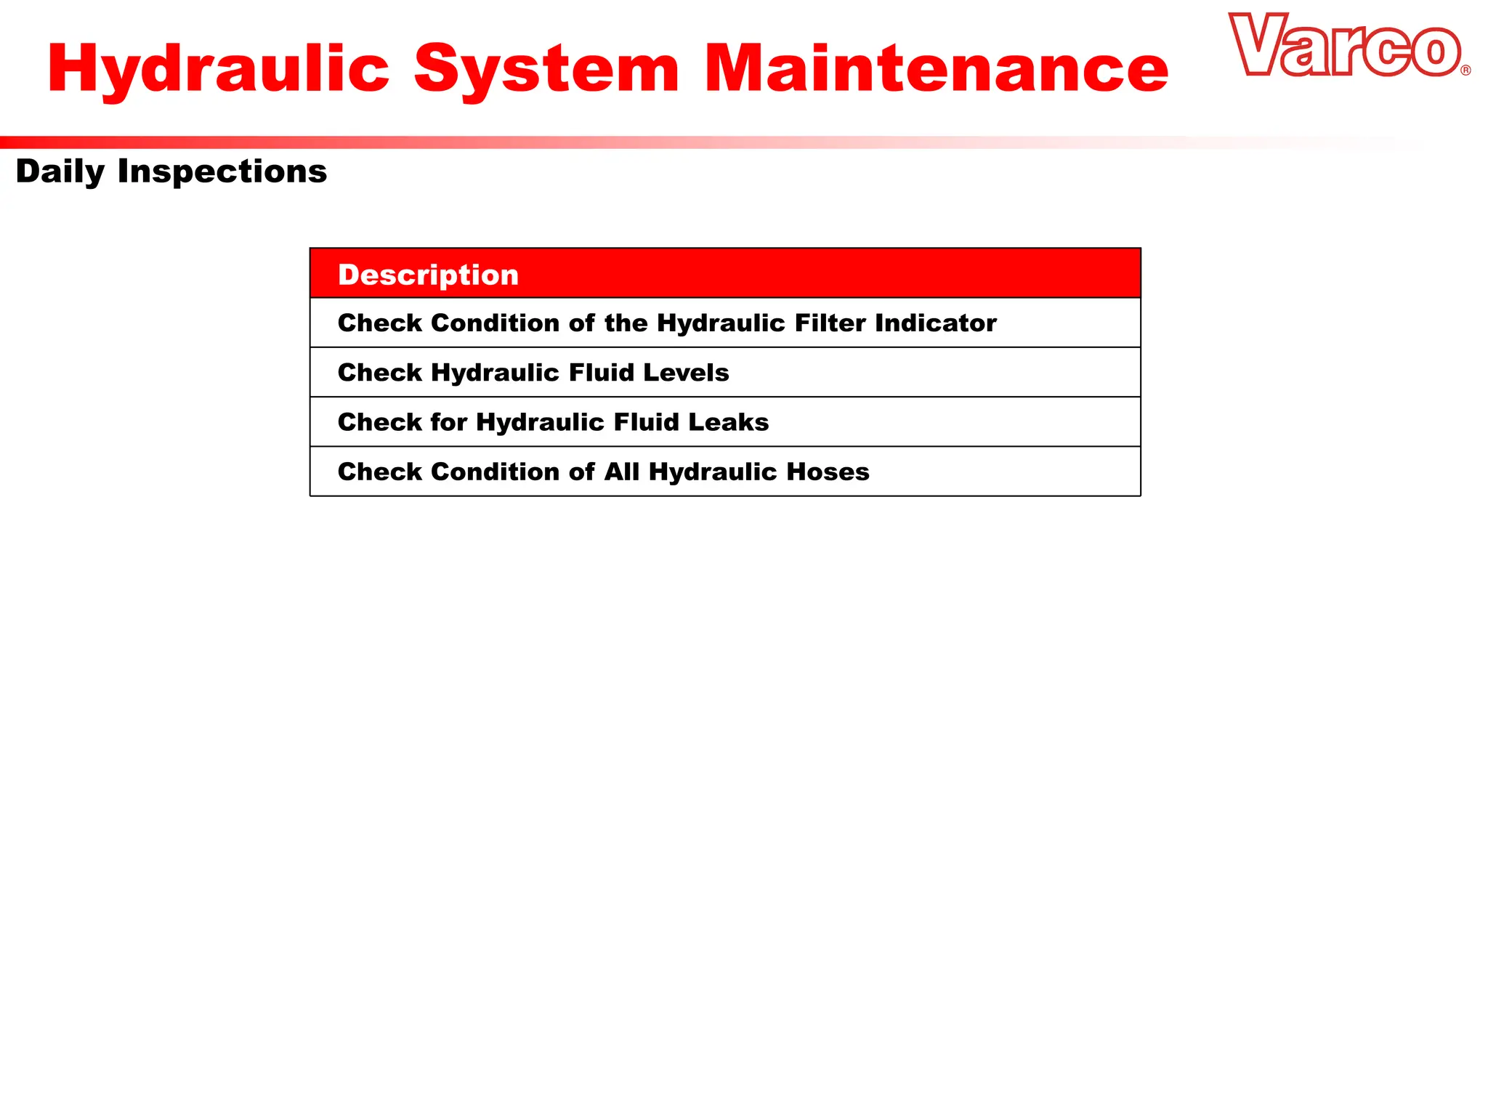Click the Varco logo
1344,46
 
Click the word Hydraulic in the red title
219,69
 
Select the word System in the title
546,69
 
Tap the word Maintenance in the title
936,69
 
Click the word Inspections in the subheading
222,172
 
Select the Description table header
429,275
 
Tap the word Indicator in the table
936,323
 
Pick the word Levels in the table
686,373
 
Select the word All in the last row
622,472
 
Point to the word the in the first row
626,323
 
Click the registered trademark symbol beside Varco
1465,70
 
